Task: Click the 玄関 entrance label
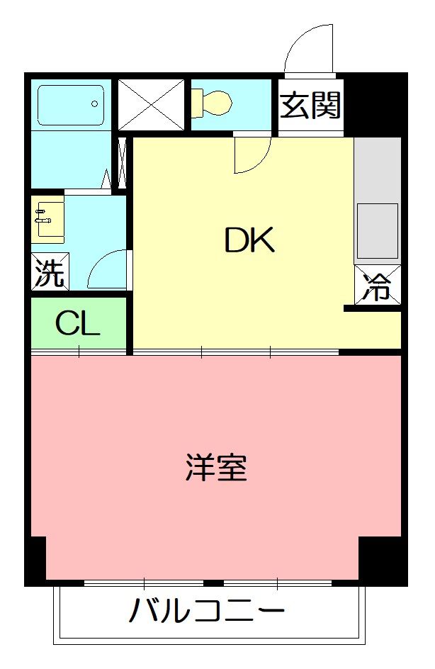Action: coord(310,106)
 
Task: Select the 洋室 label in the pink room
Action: coord(217,468)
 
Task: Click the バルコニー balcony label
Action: coord(207,611)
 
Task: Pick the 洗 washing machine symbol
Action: coord(50,272)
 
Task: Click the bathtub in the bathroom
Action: coord(70,105)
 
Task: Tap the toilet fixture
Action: coord(213,103)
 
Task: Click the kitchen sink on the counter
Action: coord(377,230)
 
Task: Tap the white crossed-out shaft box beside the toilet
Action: coord(150,104)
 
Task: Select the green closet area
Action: coord(78,324)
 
